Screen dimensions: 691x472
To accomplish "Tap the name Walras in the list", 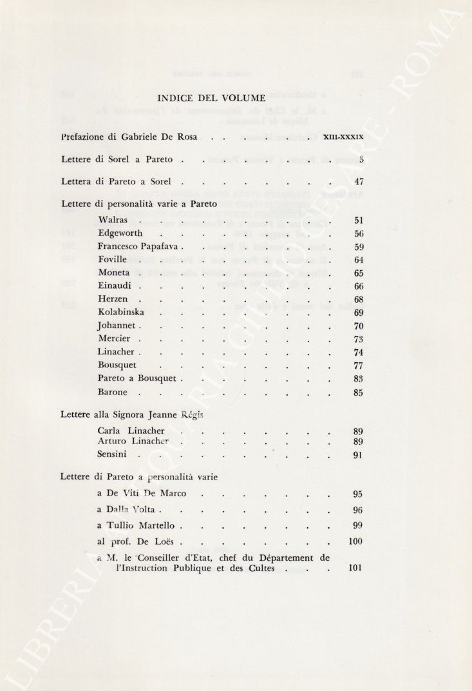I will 113,220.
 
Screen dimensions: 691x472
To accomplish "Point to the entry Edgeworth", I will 120,233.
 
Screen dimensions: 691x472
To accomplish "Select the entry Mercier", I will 114,338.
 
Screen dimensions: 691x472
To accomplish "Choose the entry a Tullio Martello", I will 137,525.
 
